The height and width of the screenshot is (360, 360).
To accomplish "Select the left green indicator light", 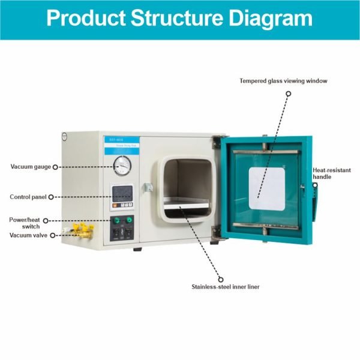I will [x=113, y=220].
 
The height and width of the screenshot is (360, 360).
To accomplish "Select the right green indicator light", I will [x=128, y=220].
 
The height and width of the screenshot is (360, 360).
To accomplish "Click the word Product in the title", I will [x=83, y=17].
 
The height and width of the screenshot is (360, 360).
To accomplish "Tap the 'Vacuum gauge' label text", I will [x=30, y=167].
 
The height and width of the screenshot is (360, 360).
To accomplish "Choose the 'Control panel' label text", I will [x=28, y=197].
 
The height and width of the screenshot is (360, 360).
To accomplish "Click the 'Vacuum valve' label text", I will [x=28, y=235].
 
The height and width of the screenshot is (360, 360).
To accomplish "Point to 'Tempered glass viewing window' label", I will [x=283, y=80].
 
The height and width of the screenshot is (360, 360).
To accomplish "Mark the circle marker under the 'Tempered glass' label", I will [x=288, y=94].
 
